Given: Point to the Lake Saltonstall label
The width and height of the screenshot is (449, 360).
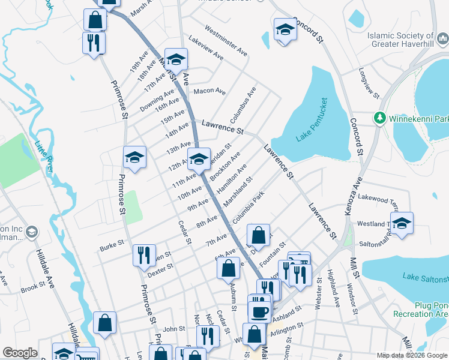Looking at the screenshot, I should tap(425, 277).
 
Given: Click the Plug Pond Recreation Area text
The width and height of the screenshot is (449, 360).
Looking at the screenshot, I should tap(421, 309).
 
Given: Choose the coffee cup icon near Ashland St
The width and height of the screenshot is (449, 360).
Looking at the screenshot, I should tap(260, 312).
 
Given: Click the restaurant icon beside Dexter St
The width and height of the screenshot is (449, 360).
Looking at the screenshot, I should tap(144, 254).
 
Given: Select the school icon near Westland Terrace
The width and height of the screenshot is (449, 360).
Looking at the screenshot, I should tap(402, 223).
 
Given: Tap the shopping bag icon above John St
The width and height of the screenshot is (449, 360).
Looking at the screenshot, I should tap(104, 322).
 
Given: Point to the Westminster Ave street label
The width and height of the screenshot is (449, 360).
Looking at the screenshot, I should tap(226, 41).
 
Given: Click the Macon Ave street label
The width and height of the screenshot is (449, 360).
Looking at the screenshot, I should tap(209, 92).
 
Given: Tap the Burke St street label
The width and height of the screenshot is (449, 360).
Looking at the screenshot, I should tap(112, 245).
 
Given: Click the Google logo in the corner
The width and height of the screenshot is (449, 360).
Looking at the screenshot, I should tap(20, 353).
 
